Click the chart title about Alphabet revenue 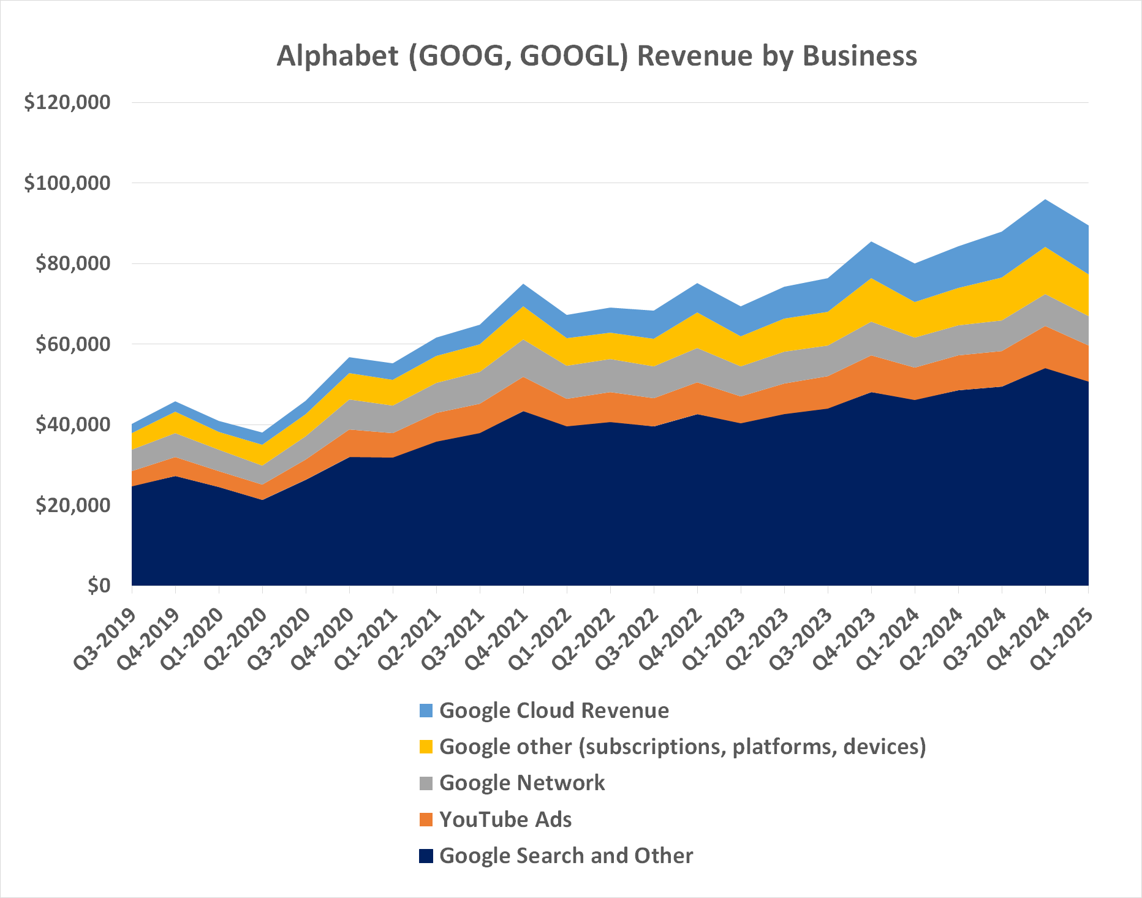(x=596, y=56)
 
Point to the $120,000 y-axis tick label (x=67, y=102)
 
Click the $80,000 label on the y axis (x=73, y=263)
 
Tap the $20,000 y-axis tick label (x=73, y=505)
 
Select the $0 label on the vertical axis (x=99, y=586)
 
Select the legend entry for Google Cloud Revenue (x=554, y=711)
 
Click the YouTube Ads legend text (x=505, y=820)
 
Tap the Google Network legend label (x=522, y=783)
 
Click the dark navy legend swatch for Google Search (x=426, y=856)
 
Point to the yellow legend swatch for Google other (x=426, y=747)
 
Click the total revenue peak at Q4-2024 (x=1045, y=200)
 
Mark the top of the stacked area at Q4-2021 (x=523, y=284)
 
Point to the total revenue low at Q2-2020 (x=262, y=433)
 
